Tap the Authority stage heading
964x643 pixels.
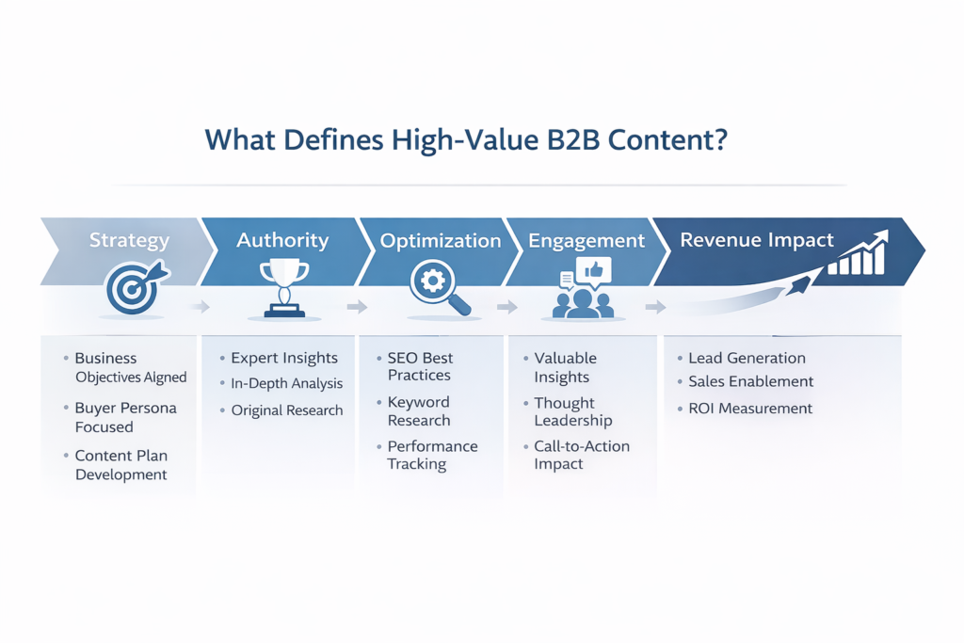tap(282, 240)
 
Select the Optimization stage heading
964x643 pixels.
tap(441, 241)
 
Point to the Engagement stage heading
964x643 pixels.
tap(586, 241)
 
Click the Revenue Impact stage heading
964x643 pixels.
tap(757, 240)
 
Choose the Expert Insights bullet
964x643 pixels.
tap(284, 358)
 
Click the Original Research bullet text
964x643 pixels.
tap(287, 410)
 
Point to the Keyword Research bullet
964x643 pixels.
tap(419, 411)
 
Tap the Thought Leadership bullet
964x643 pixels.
tap(573, 411)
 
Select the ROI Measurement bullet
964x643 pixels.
tap(749, 409)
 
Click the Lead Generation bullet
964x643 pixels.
tap(747, 358)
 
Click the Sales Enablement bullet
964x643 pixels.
tap(750, 381)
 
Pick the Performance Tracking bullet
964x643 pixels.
tap(432, 455)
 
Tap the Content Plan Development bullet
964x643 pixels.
tap(121, 465)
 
